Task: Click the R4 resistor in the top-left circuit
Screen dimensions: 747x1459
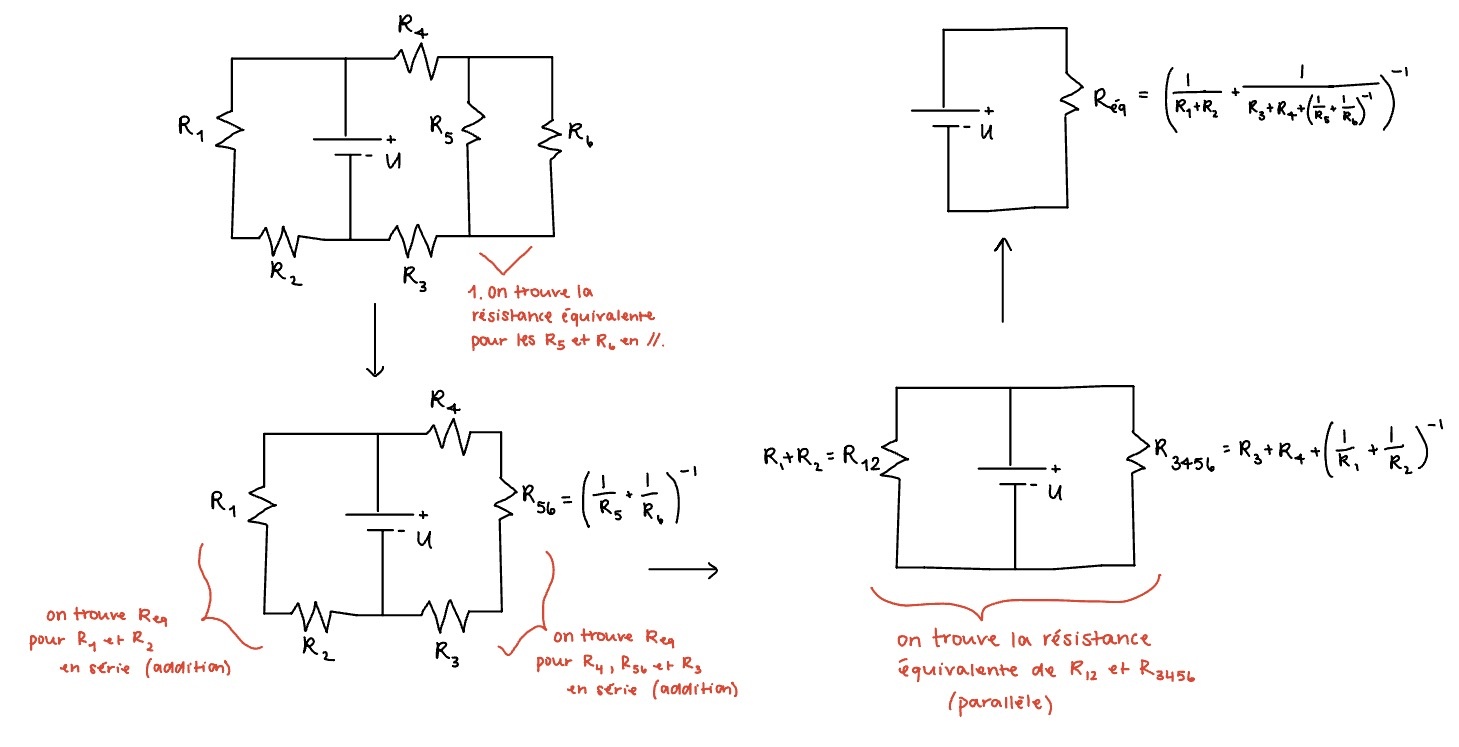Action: pos(418,62)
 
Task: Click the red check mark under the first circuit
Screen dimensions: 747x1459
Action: pos(505,262)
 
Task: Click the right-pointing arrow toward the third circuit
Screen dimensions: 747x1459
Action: pos(683,570)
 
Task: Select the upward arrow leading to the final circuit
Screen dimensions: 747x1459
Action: pos(1001,280)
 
